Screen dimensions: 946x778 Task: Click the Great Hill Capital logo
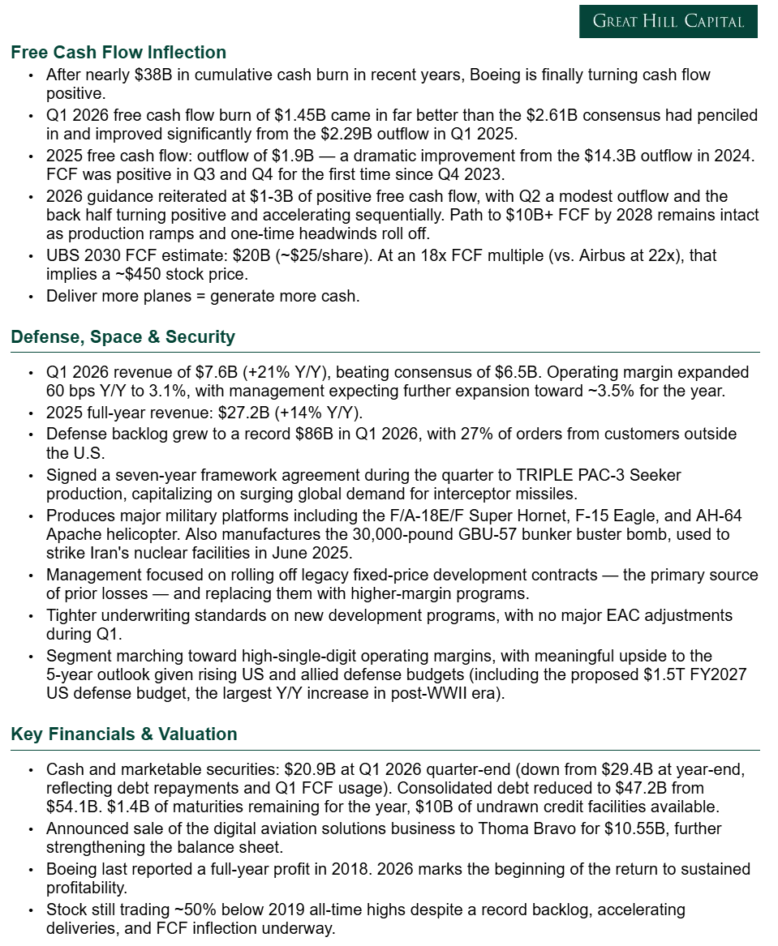coord(668,21)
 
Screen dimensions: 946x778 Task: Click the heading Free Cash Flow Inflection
coord(118,53)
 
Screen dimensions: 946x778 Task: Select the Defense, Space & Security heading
coord(123,337)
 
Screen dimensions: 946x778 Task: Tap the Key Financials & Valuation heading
coord(124,734)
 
